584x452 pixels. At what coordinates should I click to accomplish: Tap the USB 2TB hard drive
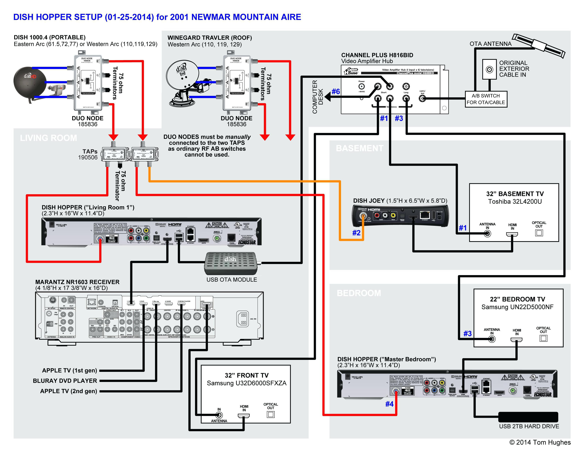(x=528, y=417)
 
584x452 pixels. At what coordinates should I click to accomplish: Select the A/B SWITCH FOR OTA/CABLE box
(x=486, y=99)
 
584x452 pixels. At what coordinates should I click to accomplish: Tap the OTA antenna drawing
(x=539, y=46)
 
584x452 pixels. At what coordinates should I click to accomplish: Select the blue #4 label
(x=389, y=404)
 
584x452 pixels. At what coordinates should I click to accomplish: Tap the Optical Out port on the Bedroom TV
(x=543, y=338)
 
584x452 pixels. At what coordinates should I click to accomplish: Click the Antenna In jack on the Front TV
(x=219, y=415)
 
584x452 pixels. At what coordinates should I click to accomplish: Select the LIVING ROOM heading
(x=48, y=138)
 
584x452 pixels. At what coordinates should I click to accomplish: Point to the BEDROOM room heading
(x=359, y=293)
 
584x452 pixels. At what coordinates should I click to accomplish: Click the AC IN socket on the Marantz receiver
(x=242, y=319)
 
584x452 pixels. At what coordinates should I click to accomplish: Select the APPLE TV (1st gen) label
(x=70, y=370)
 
